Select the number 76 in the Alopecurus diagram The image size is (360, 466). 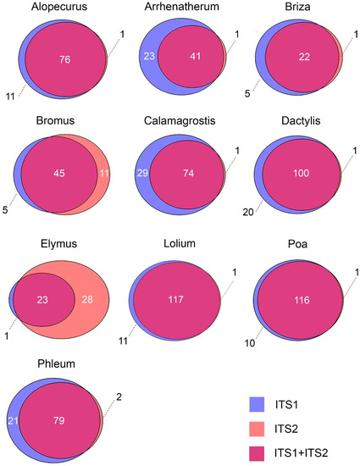(64, 59)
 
